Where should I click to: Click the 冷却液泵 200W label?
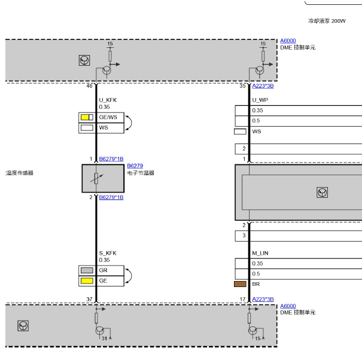pos(327,21)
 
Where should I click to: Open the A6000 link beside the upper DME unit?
pos(288,41)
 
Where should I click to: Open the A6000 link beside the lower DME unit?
pos(288,306)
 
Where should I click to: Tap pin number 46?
pos(89,86)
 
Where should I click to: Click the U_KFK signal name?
pos(108,100)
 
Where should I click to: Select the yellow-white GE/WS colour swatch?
pos(87,117)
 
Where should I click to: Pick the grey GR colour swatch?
pos(87,270)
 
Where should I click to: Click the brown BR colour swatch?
pos(240,284)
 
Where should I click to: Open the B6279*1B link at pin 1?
pos(111,159)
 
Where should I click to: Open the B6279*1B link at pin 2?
pos(111,197)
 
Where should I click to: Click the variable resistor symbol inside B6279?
pos(96,178)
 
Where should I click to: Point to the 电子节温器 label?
pos(141,173)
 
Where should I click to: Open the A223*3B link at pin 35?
pos(263,86)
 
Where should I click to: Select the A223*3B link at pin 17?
pos(263,300)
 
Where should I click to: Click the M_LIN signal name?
pos(260,253)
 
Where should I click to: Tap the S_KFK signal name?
pos(108,253)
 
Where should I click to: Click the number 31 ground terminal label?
pos(104,338)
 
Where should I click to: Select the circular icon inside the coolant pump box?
pos(322,193)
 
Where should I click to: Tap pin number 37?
pos(89,300)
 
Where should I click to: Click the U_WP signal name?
pos(260,100)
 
